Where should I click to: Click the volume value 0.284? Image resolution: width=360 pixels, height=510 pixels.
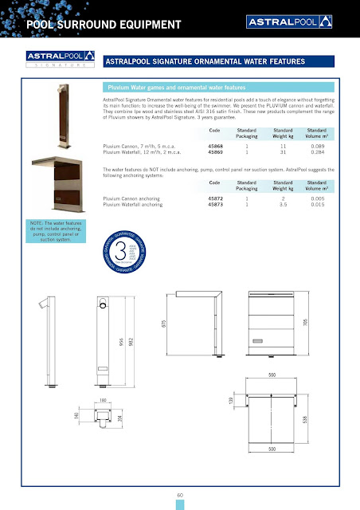point(317,153)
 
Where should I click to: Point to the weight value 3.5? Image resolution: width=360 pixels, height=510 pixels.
point(284,204)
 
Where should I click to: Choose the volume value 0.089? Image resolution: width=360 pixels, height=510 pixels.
point(317,147)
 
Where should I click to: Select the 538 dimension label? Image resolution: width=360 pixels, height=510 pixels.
point(305,418)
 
